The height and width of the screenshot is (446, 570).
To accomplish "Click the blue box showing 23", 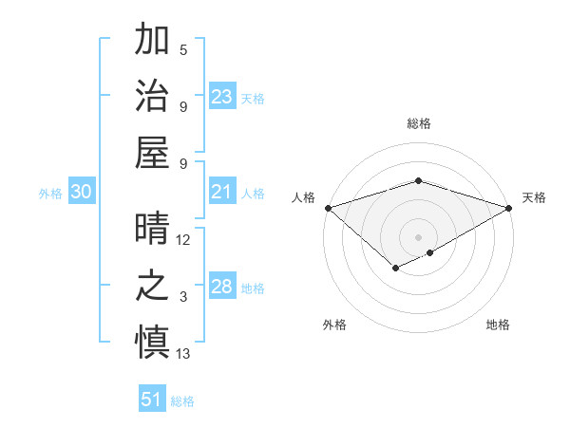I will pyautogui.click(x=222, y=96).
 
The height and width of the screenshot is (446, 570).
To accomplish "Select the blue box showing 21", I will pyautogui.click(x=222, y=192).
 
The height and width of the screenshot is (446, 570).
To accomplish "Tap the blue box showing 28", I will pyautogui.click(x=222, y=287).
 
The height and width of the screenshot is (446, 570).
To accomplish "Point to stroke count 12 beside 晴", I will pyautogui.click(x=183, y=241).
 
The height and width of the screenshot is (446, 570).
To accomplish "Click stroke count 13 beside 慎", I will pyautogui.click(x=183, y=354).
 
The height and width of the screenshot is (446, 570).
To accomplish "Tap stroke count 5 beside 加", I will pyautogui.click(x=183, y=50).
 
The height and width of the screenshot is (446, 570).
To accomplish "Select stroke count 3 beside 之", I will pyautogui.click(x=183, y=297).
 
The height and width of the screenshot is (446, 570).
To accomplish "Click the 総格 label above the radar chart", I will pyautogui.click(x=418, y=124).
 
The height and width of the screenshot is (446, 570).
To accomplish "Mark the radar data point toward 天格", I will pyautogui.click(x=509, y=208).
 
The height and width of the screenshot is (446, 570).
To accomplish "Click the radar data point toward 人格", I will pyautogui.click(x=327, y=208).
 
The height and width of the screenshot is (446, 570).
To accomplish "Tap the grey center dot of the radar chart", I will pyautogui.click(x=418, y=236).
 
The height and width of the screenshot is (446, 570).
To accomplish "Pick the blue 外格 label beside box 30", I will pyautogui.click(x=50, y=193).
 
